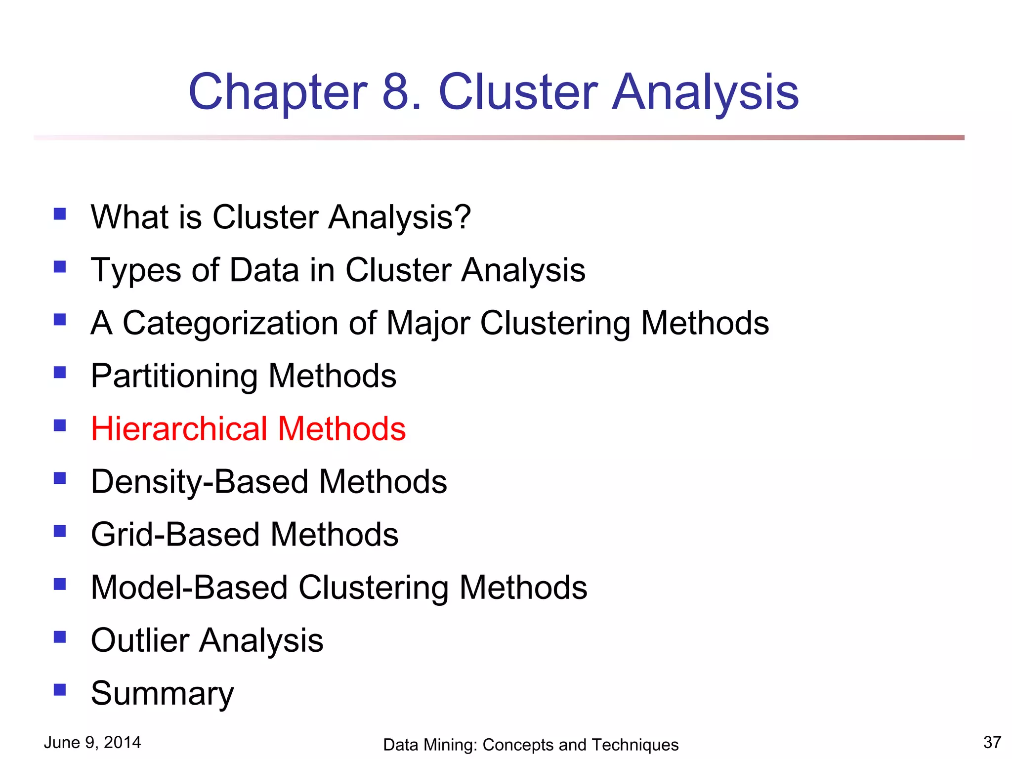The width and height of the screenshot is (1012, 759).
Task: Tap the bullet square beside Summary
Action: (60, 689)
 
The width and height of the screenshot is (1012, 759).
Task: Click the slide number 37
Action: (992, 742)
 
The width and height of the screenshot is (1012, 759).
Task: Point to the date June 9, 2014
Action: (92, 742)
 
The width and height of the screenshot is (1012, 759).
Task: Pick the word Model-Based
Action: (189, 588)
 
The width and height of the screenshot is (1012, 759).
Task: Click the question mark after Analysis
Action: (463, 217)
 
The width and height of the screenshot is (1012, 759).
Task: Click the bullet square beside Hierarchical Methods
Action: (60, 425)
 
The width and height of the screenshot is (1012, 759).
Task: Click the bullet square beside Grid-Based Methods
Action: (60, 531)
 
